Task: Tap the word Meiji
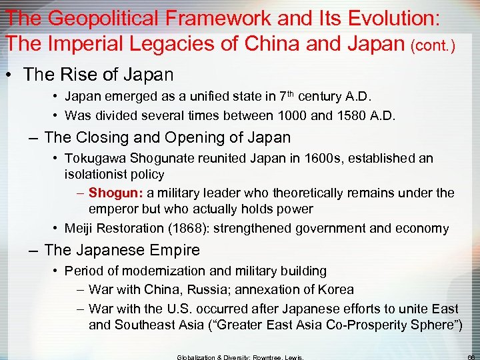79,228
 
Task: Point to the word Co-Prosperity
365,325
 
